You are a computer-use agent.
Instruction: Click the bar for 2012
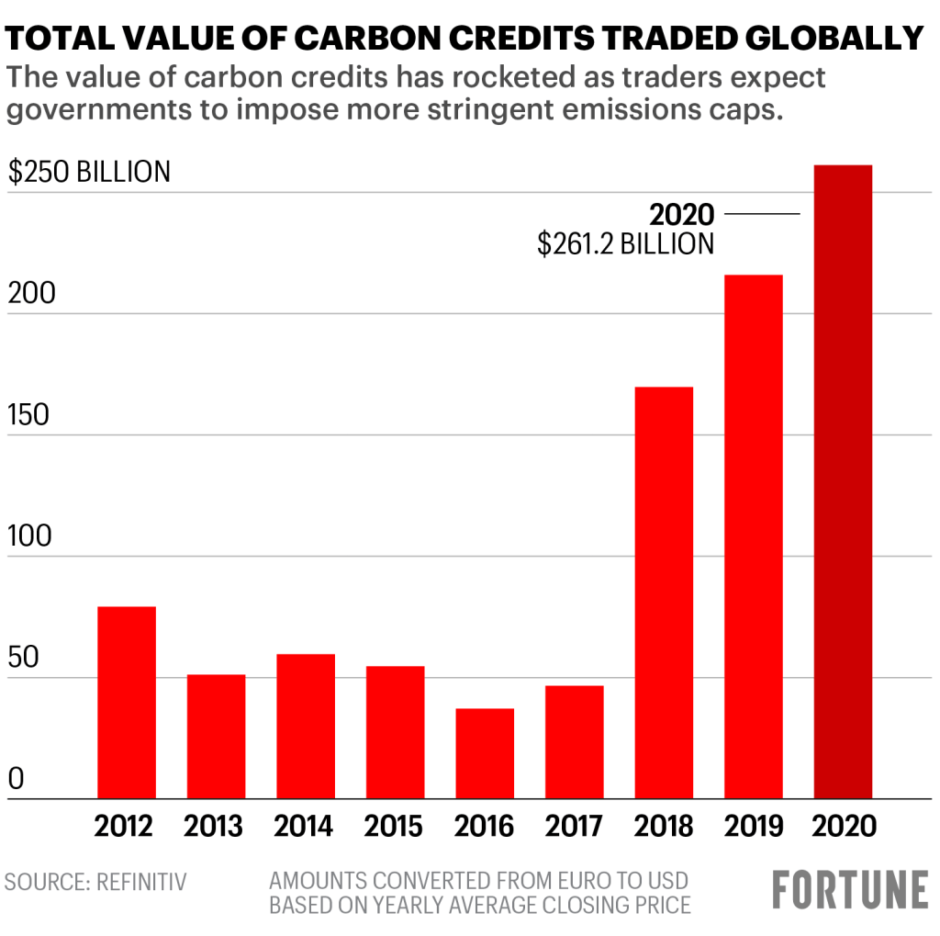coord(126,703)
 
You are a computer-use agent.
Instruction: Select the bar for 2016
coord(485,753)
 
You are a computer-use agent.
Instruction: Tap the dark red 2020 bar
coord(843,482)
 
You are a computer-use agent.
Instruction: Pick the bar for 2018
coord(664,592)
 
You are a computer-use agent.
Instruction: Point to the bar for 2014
coord(306,726)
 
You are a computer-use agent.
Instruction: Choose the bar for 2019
coord(754,536)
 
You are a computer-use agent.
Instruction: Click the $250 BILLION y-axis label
coord(89,172)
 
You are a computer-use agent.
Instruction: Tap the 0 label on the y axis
coord(16,780)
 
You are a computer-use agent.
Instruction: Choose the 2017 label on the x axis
coord(574,825)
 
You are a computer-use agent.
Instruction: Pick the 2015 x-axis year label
coord(395,825)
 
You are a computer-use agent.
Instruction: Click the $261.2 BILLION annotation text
coord(625,243)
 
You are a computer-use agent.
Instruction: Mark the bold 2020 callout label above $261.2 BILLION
coord(681,214)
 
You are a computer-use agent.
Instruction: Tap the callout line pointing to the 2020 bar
coord(762,214)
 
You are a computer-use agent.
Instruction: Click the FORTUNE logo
coord(850,890)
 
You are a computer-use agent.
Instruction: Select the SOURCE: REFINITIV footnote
coord(95,883)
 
